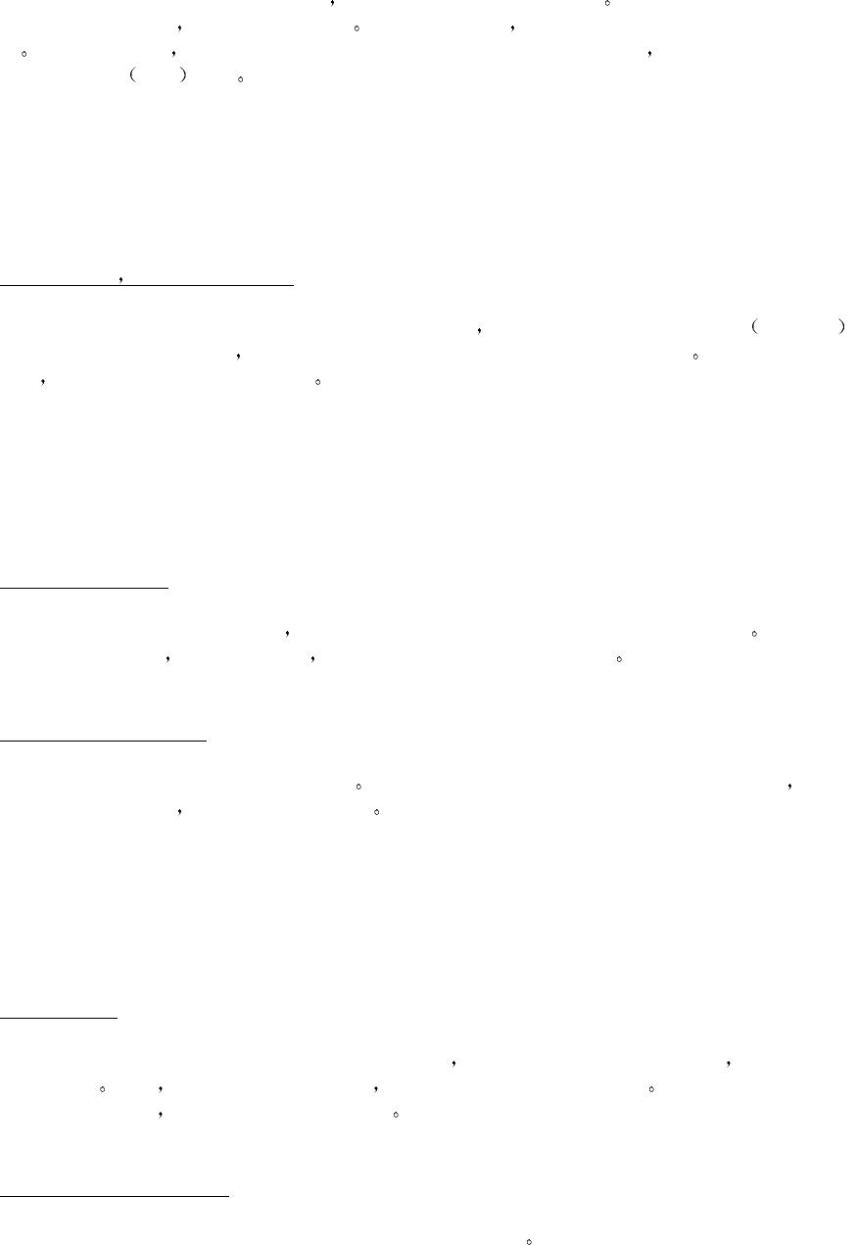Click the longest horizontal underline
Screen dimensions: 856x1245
pos(147,285)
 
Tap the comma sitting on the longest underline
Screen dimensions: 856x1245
pos(120,281)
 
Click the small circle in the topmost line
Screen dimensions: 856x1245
pos(607,4)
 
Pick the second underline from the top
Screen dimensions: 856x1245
pos(84,588)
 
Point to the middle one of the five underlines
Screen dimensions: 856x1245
pos(103,742)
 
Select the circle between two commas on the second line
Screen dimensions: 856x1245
pos(357,30)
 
